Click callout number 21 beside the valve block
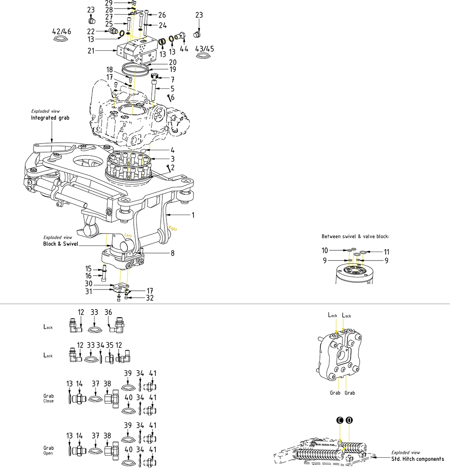[x=91, y=51]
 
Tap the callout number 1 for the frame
[x=193, y=215]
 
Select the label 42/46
[x=61, y=31]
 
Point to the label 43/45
[x=205, y=49]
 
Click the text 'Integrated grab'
[x=50, y=118]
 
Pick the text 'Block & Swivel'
[x=61, y=244]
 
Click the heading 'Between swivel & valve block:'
[x=355, y=236]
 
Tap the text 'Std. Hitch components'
[x=417, y=459]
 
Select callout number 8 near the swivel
[x=173, y=253]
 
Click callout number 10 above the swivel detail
[x=325, y=250]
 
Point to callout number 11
[x=387, y=252]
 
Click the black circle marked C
[x=339, y=420]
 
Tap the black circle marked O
[x=349, y=420]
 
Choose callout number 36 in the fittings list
[x=108, y=312]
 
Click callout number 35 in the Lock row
[x=110, y=345]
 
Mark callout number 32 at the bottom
[x=150, y=298]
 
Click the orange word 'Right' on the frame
[x=173, y=228]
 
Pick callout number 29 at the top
[x=109, y=3]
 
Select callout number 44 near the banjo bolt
[x=184, y=48]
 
